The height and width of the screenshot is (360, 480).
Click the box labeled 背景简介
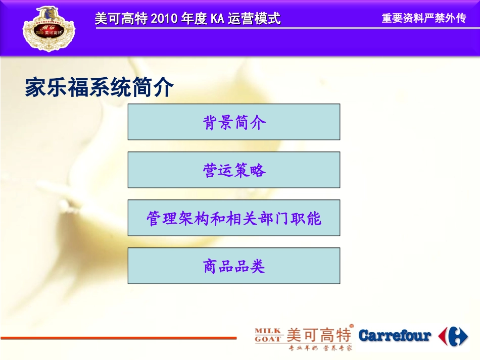[x=233, y=122]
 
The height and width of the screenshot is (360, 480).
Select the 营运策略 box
[x=233, y=170]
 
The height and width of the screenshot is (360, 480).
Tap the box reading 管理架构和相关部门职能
[x=233, y=218]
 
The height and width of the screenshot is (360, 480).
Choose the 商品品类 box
[x=233, y=266]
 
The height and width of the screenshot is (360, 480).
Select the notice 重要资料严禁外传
[x=423, y=19]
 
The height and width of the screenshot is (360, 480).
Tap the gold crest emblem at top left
[x=49, y=28]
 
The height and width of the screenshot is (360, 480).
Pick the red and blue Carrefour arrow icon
[x=453, y=336]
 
